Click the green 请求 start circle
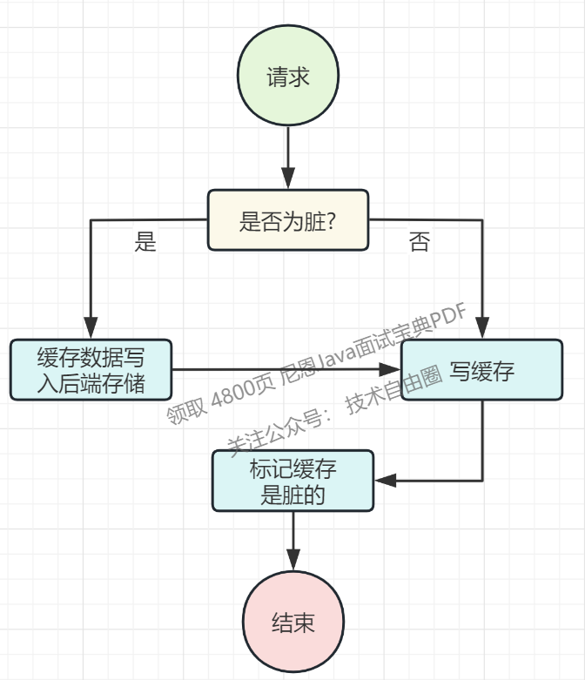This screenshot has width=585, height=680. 288,77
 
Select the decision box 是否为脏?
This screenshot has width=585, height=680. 287,220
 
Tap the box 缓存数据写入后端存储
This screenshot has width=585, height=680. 91,370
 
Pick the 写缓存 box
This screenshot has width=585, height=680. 481,371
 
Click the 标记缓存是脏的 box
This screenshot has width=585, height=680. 292,480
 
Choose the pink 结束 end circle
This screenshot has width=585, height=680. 292,623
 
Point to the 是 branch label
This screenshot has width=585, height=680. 145,242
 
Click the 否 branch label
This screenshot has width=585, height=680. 419,242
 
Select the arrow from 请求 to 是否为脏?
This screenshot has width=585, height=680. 287,157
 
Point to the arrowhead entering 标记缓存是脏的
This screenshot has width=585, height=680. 384,480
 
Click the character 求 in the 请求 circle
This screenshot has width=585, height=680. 299,77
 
